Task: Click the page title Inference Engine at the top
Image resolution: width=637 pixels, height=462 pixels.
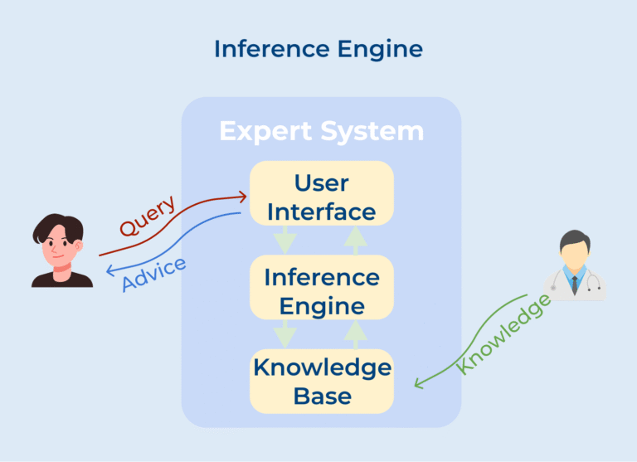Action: [x=318, y=49]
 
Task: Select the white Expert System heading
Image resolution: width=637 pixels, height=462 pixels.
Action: [x=321, y=131]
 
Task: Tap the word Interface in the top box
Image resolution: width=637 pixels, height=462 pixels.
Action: [x=321, y=212]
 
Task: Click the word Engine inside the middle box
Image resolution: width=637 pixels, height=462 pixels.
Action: [x=321, y=306]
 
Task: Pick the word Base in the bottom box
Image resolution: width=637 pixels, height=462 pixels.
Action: [x=322, y=396]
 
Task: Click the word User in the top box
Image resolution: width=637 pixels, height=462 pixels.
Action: [x=322, y=182]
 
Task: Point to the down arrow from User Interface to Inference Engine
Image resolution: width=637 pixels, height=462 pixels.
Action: [x=285, y=241]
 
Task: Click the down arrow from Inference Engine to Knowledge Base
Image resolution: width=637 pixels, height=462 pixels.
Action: [x=285, y=334]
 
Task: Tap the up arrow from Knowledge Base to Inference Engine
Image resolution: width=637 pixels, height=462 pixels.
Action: [x=356, y=333]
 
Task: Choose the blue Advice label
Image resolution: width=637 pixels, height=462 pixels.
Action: [x=153, y=275]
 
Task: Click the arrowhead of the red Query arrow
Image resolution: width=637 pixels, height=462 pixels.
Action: [x=243, y=197]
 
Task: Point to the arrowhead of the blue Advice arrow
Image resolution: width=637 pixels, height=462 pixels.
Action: [x=110, y=271]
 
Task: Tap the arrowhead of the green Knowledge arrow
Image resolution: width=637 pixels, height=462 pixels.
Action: [x=420, y=383]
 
